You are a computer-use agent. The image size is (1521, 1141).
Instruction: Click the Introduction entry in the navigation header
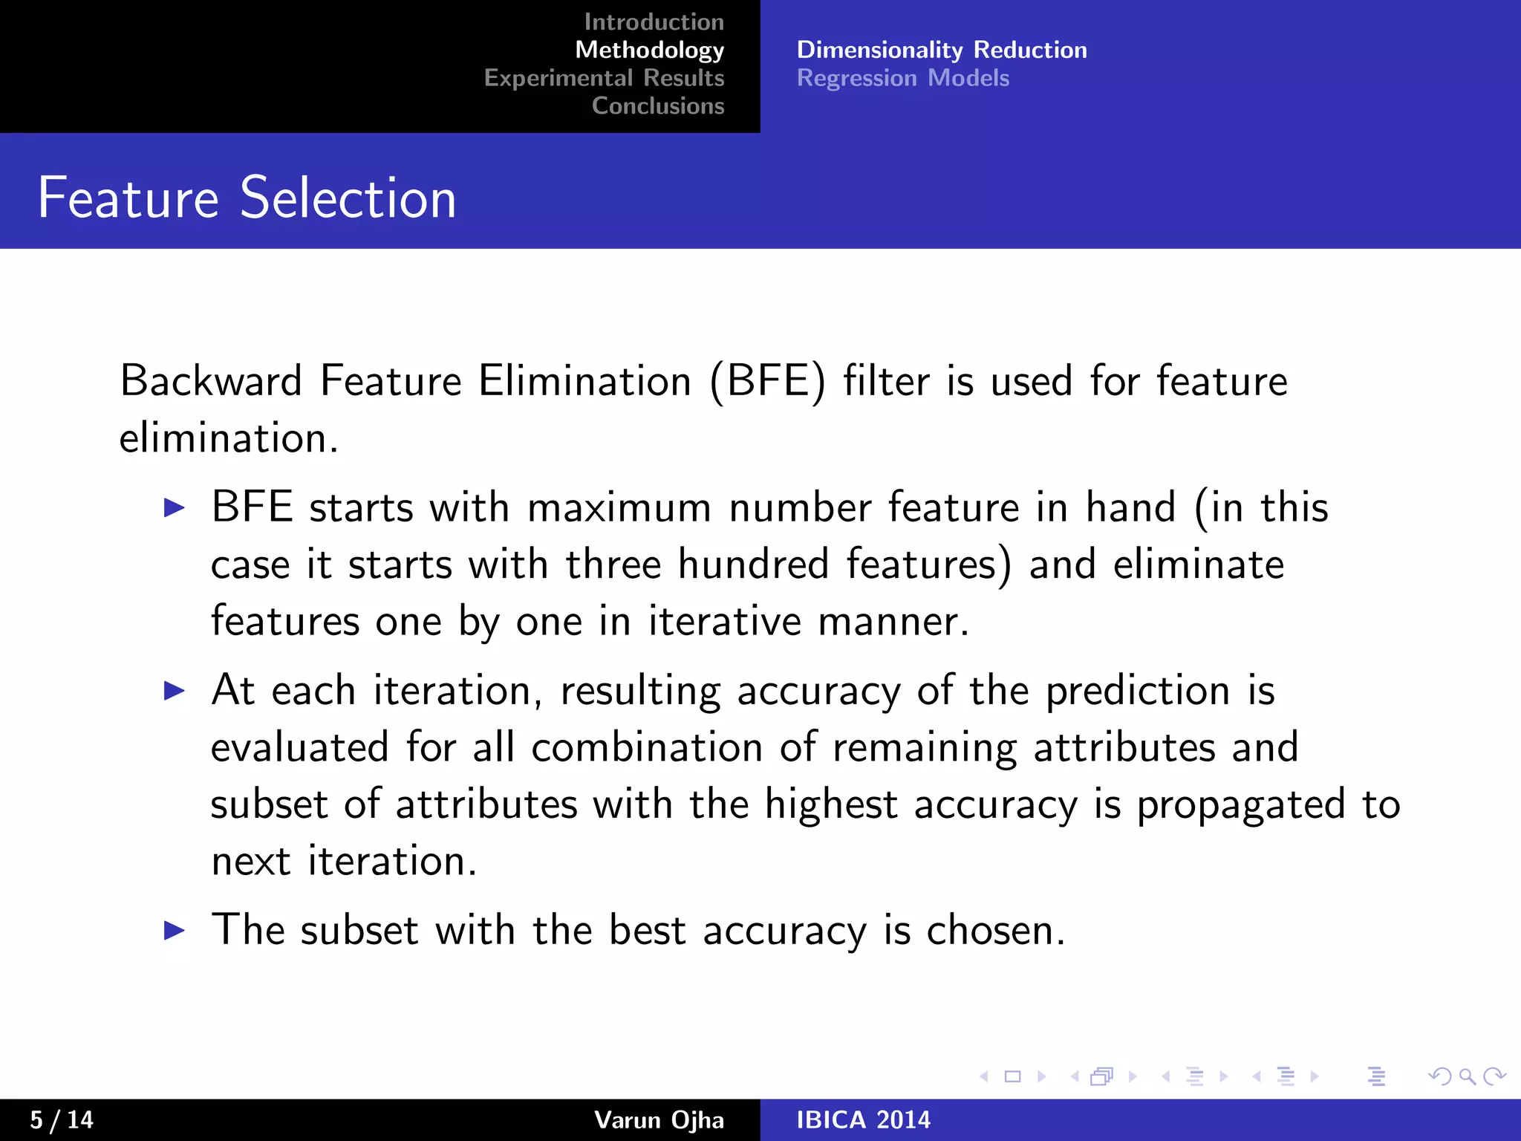click(654, 22)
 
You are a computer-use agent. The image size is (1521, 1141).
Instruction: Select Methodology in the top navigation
click(649, 50)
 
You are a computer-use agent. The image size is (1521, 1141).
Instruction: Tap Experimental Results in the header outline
click(604, 78)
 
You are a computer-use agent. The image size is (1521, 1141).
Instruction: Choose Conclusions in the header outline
click(658, 106)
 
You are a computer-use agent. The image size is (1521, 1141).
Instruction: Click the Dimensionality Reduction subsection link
click(942, 50)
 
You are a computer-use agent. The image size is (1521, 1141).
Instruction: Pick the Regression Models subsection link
click(903, 78)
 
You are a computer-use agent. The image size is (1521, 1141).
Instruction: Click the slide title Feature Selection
click(247, 198)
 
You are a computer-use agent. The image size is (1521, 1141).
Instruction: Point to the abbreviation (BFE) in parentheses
click(768, 382)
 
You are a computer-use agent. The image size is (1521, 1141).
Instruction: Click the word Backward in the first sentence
click(211, 381)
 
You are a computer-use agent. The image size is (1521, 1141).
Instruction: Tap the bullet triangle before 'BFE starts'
click(174, 508)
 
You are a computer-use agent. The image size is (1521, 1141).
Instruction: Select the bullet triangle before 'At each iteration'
click(174, 691)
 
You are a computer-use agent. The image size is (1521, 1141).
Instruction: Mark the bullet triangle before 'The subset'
click(174, 930)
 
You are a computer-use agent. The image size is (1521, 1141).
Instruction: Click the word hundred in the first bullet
click(753, 564)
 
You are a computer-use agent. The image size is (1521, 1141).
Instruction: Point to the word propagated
click(1241, 805)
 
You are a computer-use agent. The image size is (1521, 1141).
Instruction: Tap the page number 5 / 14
click(62, 1119)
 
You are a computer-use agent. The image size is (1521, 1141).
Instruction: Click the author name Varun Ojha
click(659, 1119)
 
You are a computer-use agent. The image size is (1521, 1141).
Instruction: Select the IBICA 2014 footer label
click(863, 1119)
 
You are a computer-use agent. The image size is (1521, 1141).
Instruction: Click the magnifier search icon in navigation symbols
click(1467, 1076)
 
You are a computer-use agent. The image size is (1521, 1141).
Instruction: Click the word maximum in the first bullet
click(619, 508)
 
